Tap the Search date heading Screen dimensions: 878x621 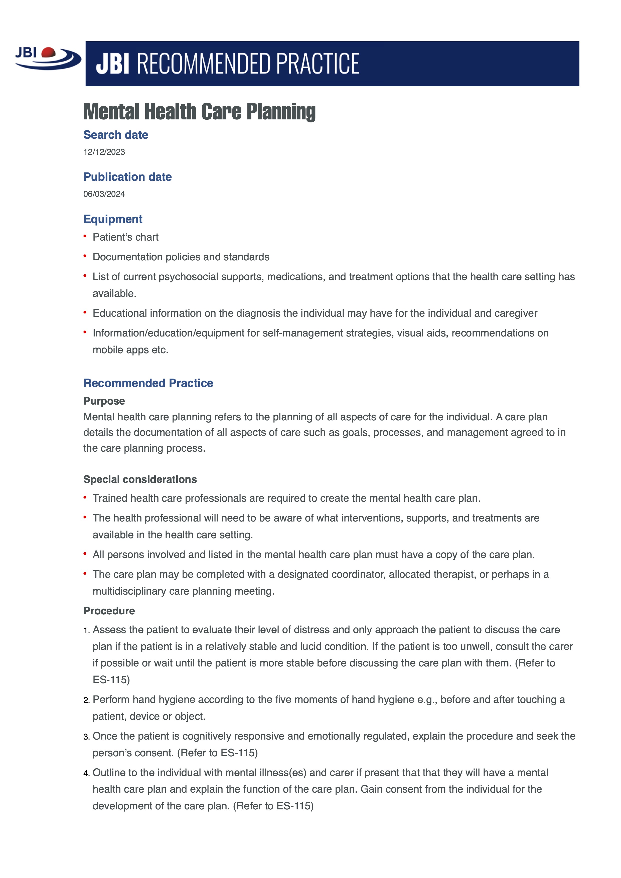click(x=115, y=135)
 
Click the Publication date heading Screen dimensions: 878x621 click(x=127, y=177)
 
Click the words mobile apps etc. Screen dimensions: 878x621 click(x=130, y=350)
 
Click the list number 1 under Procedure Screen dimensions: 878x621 click(x=86, y=631)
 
